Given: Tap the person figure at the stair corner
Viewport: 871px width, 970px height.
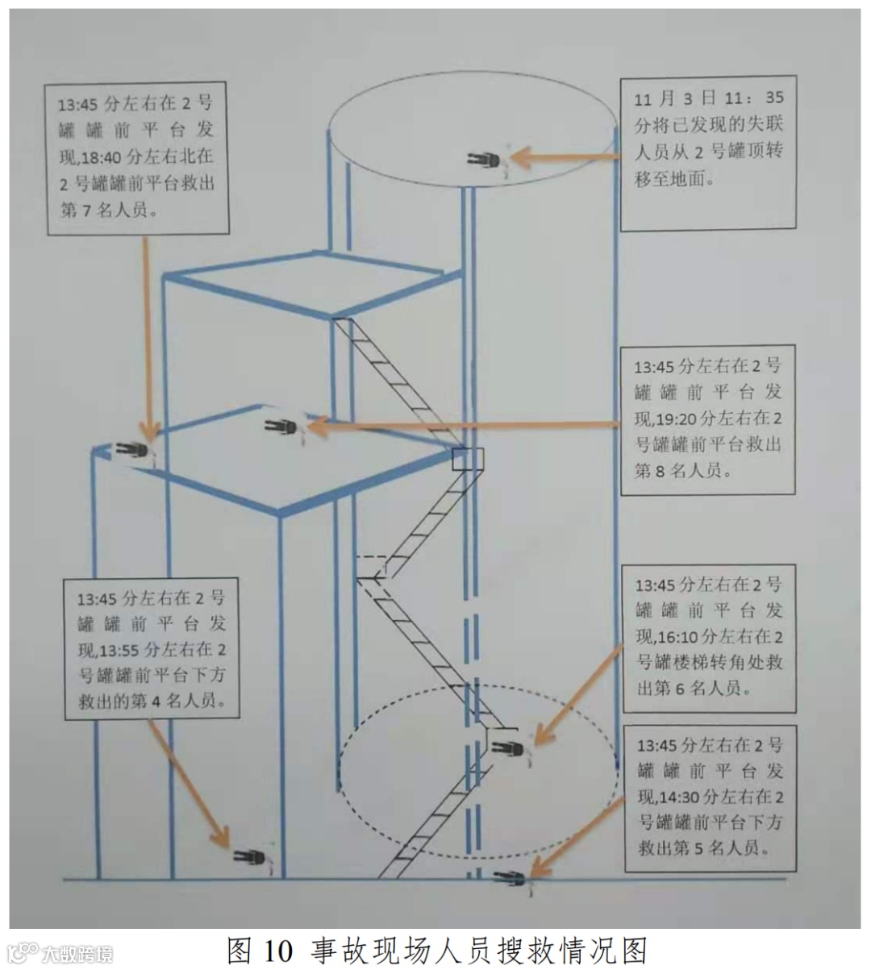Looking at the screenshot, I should (509, 747).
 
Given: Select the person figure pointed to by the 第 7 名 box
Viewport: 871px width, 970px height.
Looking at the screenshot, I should (132, 450).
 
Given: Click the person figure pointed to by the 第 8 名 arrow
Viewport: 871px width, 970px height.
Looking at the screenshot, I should (281, 427).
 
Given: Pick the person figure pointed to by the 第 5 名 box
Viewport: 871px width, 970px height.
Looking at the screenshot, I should (511, 878).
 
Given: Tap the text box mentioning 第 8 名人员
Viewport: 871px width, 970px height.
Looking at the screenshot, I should (708, 418).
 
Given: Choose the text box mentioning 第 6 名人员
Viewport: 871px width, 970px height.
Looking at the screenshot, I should (709, 637).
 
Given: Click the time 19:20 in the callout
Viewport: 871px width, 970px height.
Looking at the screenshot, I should (673, 418).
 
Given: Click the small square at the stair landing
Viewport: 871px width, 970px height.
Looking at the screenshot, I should (469, 459).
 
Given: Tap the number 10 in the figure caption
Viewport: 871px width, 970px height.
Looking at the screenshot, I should (276, 950).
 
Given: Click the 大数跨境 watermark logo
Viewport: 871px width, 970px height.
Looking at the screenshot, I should (60, 953).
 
